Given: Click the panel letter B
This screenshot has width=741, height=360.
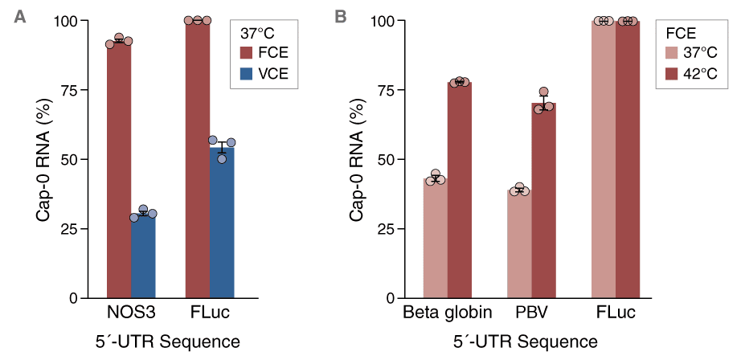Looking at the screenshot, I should point(341,15).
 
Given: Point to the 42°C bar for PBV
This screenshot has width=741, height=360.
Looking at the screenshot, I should point(544,200).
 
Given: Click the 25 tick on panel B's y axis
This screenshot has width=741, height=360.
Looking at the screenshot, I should point(387,228).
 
